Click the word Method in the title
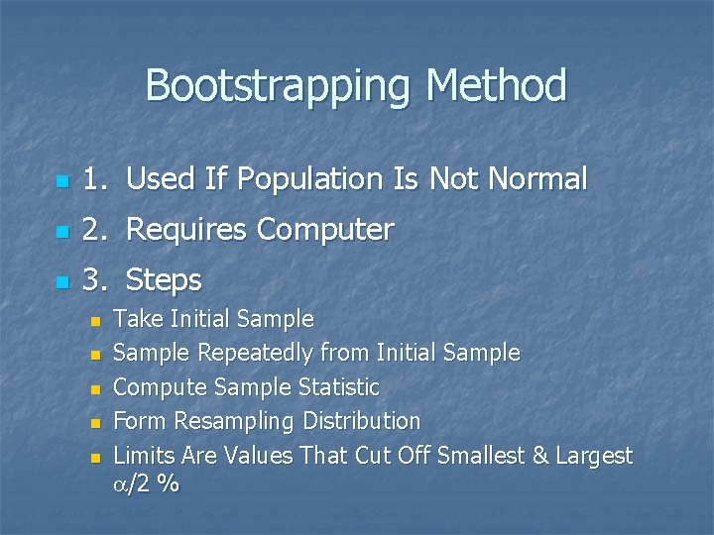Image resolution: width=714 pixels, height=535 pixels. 496,86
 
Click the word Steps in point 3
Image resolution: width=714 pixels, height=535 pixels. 164,281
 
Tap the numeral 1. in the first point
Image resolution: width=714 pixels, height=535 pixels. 94,179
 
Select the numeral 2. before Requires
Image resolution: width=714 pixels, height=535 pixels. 94,230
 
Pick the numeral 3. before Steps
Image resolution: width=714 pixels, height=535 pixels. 94,281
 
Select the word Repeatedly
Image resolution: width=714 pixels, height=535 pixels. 261,353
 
